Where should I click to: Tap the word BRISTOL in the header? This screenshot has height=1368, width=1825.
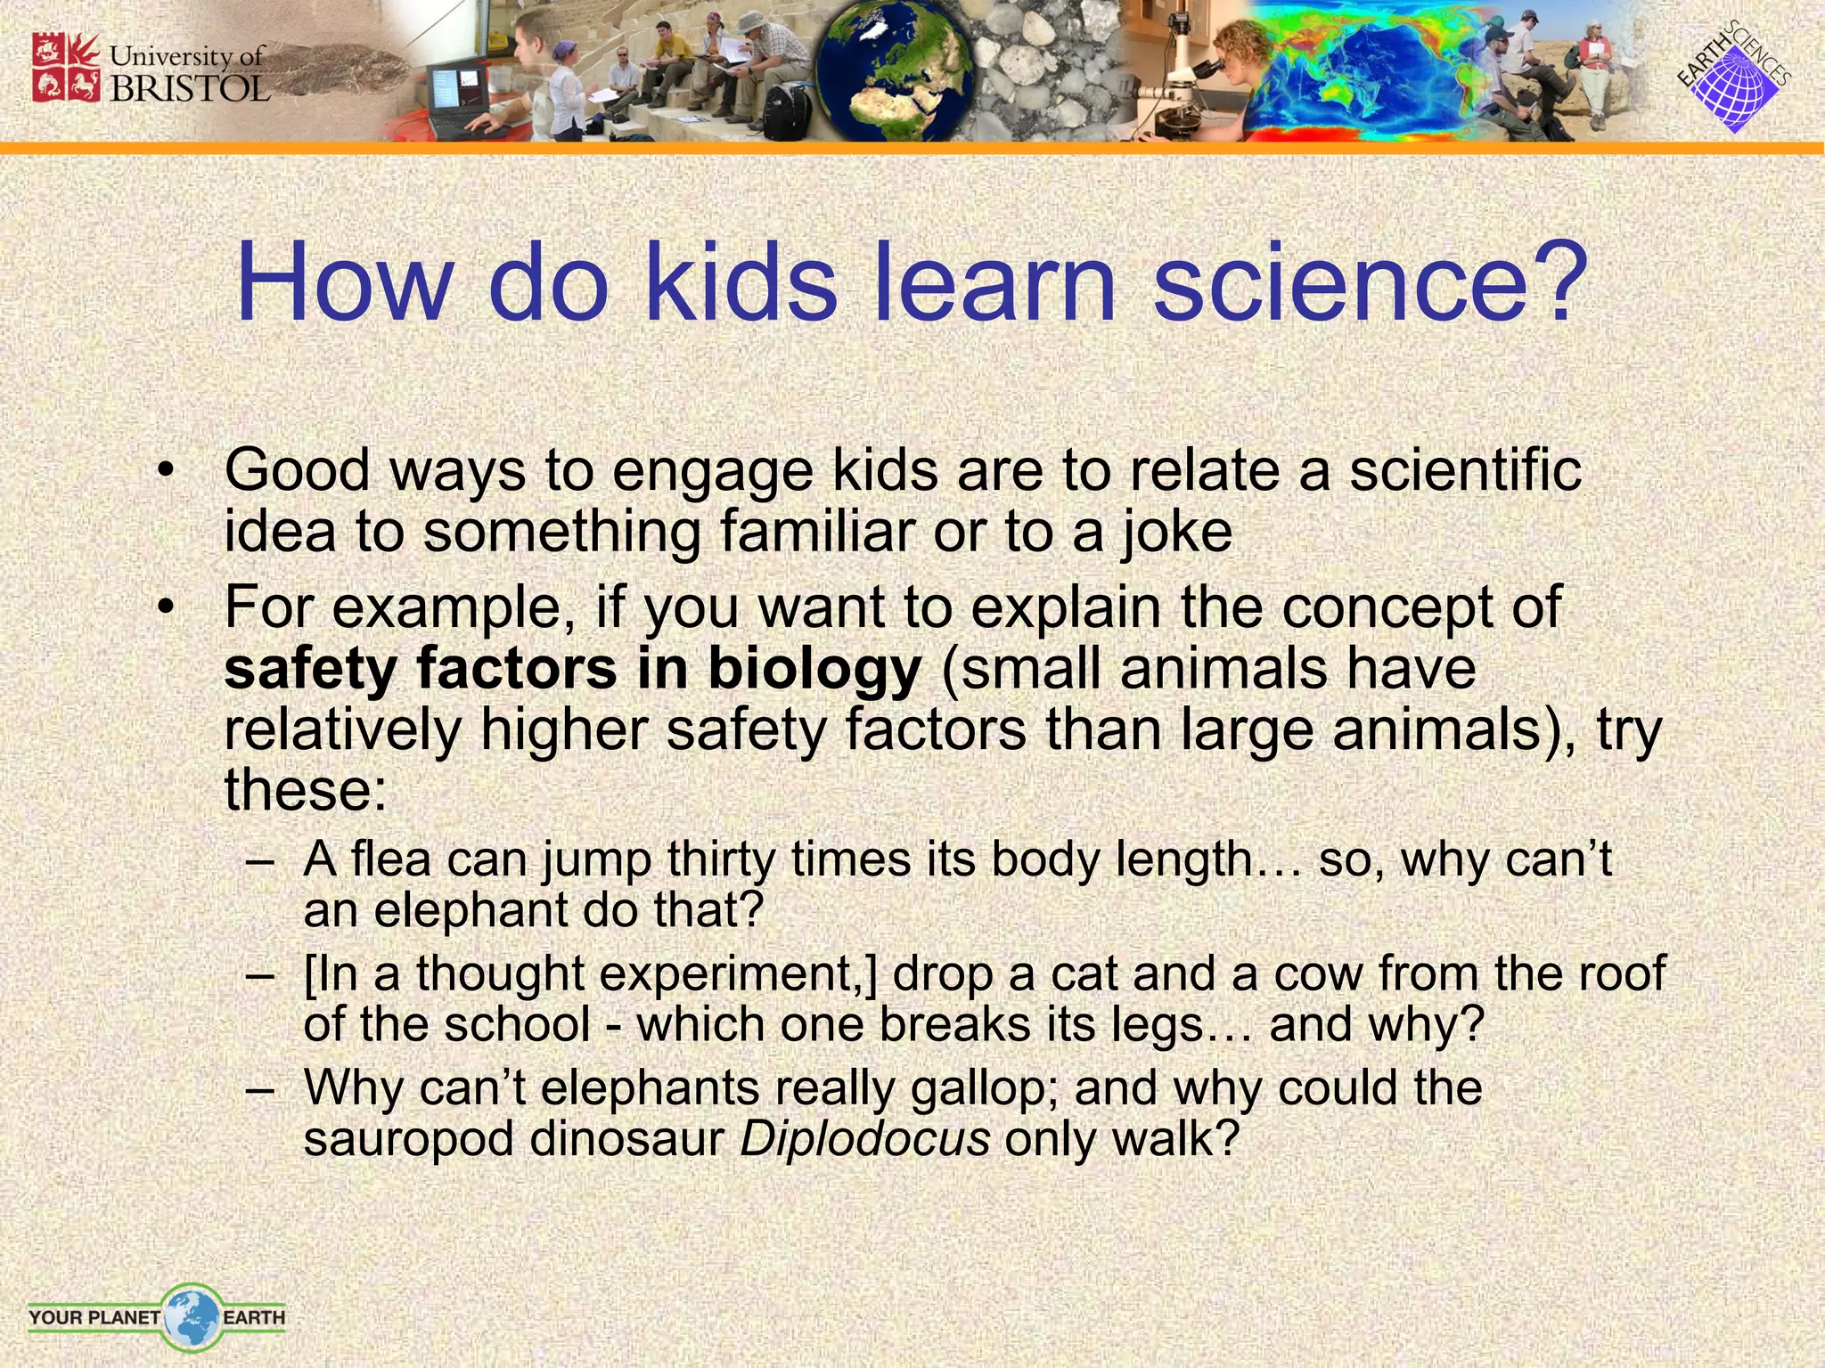(x=189, y=88)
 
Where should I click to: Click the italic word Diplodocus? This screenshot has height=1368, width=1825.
(x=864, y=1139)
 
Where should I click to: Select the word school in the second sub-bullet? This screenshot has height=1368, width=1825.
(x=517, y=1025)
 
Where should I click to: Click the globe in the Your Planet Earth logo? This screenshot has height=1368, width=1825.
(x=191, y=1316)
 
